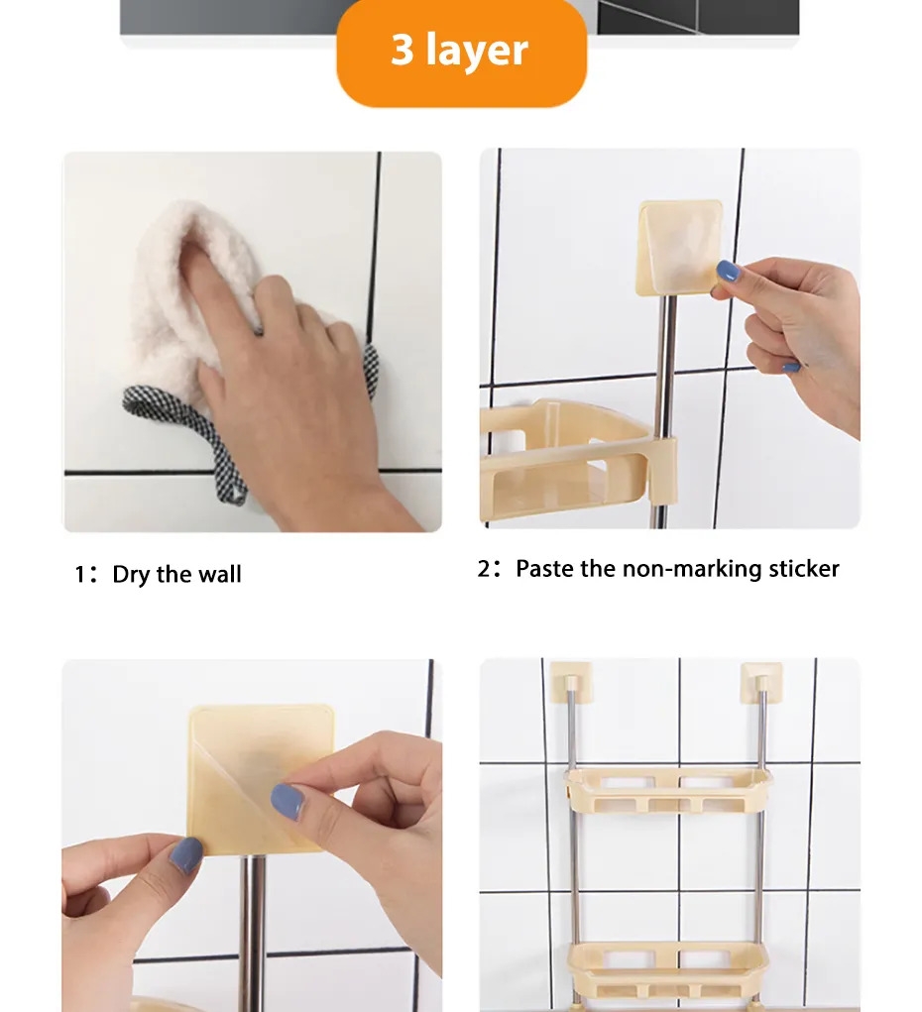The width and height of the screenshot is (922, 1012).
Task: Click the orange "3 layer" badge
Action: [x=461, y=52]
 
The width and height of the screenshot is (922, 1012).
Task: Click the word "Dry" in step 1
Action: [x=132, y=575]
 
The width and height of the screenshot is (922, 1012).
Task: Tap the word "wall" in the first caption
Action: [x=219, y=574]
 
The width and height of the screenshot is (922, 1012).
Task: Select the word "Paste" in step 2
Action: [x=544, y=569]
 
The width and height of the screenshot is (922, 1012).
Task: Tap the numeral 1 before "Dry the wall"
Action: [x=80, y=575]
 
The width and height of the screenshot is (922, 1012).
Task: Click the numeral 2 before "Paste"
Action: [x=484, y=569]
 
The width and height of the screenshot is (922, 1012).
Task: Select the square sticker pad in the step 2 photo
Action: [x=679, y=248]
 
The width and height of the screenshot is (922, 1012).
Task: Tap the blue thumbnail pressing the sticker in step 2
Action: [x=727, y=271]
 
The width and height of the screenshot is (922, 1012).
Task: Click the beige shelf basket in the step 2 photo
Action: [x=568, y=458]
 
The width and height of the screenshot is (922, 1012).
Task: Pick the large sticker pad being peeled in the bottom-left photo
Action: [x=261, y=779]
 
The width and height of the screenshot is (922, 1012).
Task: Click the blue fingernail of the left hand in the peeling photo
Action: [x=186, y=855]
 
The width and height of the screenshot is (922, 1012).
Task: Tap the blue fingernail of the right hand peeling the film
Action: [x=288, y=802]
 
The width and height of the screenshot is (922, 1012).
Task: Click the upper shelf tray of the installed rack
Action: [x=669, y=789]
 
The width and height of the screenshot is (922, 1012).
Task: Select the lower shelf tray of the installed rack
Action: [x=669, y=967]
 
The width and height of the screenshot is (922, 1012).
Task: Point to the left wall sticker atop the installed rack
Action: [x=571, y=682]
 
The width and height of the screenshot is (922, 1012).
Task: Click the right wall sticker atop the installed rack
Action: [x=761, y=682]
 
